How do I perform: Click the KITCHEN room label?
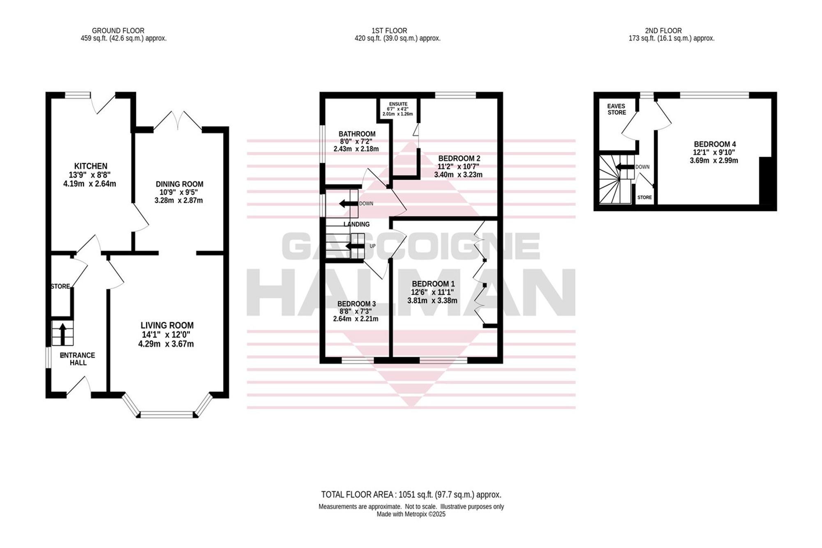91,166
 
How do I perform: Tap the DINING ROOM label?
179,184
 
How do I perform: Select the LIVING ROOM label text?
167,325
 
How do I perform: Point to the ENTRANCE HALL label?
78,359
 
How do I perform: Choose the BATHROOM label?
357,134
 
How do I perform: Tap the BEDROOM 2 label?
459,158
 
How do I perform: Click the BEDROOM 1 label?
433,284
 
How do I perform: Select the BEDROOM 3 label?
356,304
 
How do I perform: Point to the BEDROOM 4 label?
715,144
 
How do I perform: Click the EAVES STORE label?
616,109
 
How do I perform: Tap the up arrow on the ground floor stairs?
62,334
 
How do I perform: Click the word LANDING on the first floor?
356,224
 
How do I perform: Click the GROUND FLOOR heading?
118,31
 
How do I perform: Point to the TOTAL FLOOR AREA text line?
411,495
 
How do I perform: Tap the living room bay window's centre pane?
167,414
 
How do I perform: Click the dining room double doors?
178,121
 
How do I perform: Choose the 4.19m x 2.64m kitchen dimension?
90,184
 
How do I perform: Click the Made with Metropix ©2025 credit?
411,514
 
